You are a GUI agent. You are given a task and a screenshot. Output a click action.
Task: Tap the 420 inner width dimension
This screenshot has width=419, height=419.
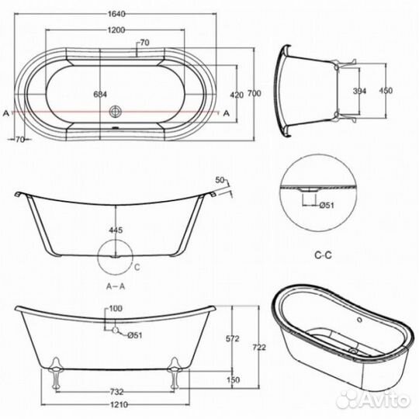click(237, 95)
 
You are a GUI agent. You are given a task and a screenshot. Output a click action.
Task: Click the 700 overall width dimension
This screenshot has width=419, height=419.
click(252, 94)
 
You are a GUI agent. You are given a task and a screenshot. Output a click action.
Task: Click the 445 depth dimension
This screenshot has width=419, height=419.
click(116, 231)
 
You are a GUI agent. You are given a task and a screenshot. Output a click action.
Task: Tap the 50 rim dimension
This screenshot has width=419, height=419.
click(220, 181)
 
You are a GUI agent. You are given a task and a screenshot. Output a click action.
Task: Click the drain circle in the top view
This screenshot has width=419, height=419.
click(116, 112)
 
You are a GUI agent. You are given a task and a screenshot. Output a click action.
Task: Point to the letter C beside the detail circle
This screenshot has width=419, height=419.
click(137, 268)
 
